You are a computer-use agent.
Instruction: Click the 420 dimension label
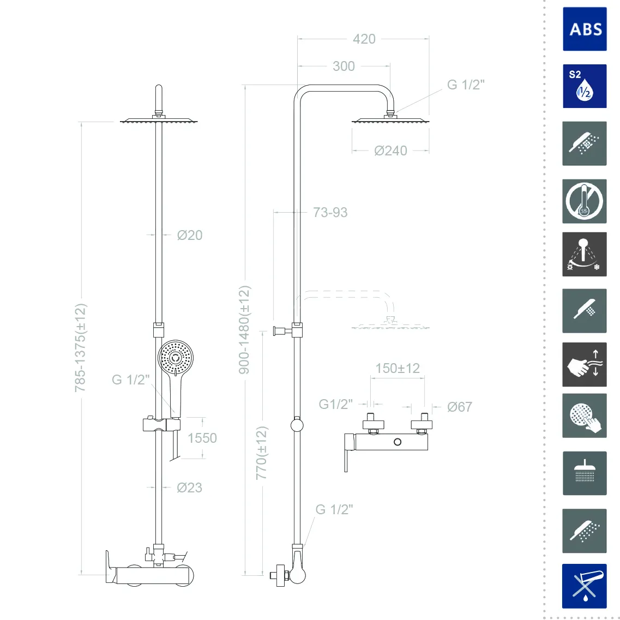364,39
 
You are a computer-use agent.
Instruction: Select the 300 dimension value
344,67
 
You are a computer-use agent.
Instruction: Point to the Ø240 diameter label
390,151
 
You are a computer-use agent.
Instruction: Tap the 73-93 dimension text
330,212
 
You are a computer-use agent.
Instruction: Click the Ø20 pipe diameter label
190,235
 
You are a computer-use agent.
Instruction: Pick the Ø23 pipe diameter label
189,487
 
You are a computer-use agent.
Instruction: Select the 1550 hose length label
202,438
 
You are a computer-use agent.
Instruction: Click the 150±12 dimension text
398,369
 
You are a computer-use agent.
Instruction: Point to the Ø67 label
460,407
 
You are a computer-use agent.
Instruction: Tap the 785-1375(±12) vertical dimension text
80,347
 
